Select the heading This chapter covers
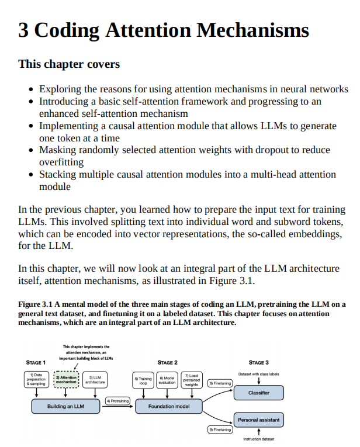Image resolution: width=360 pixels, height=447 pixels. (x=69, y=64)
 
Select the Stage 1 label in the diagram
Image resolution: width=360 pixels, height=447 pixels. (x=36, y=363)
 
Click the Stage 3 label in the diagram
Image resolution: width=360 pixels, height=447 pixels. (x=258, y=363)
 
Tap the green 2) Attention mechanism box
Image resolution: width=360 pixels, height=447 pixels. (x=66, y=380)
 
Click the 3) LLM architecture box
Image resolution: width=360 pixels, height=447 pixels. (x=96, y=380)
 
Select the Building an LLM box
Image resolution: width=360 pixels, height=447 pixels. (x=65, y=406)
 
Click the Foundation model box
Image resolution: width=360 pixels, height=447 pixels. (x=168, y=406)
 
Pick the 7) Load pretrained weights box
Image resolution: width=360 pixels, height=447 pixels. (x=191, y=380)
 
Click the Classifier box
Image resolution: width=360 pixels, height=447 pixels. (x=258, y=393)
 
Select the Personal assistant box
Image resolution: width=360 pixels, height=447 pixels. (x=258, y=420)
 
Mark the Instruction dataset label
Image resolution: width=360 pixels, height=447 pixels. (x=258, y=439)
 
